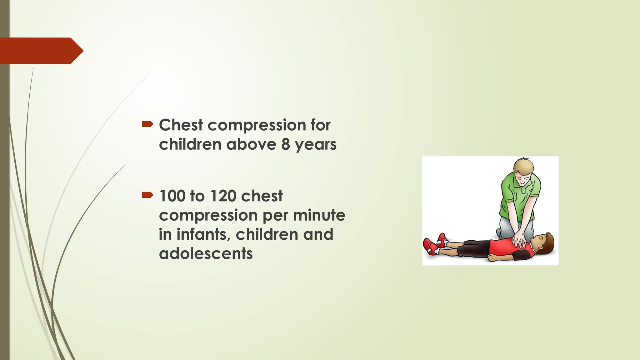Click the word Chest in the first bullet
[x=181, y=125]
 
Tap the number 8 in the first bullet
[x=285, y=144]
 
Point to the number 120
[x=223, y=196]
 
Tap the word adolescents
[x=206, y=253]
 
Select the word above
[x=251, y=144]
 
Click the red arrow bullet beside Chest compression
[x=147, y=124]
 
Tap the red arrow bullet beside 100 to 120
[x=147, y=195]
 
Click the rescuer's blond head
[x=524, y=170]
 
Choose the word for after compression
[x=320, y=125]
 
